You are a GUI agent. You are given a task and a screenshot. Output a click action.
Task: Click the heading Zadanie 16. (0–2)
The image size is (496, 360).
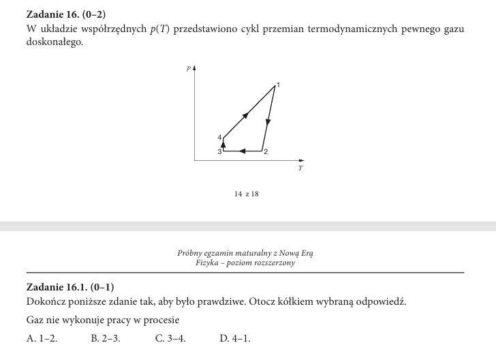pyautogui.click(x=66, y=14)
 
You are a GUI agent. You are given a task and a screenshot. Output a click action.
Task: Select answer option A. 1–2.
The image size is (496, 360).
pyautogui.click(x=42, y=337)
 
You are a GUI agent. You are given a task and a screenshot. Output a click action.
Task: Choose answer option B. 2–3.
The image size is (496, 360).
pyautogui.click(x=106, y=337)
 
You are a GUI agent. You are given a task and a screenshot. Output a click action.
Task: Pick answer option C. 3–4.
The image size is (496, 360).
pyautogui.click(x=170, y=337)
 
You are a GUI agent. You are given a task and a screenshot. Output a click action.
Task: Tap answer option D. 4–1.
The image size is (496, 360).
pyautogui.click(x=235, y=337)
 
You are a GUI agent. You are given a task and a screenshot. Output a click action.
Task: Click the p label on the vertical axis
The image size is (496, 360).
pyautogui.click(x=189, y=68)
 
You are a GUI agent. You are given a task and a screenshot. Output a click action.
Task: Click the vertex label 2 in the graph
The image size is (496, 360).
pyautogui.click(x=266, y=151)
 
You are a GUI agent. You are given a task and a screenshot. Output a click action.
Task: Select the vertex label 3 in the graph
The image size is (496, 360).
pyautogui.click(x=219, y=152)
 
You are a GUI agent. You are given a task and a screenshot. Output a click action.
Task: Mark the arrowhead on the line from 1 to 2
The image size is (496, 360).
pyautogui.click(x=268, y=123)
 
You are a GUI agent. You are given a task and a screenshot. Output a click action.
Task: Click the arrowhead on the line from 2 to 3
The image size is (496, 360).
pyautogui.click(x=243, y=150)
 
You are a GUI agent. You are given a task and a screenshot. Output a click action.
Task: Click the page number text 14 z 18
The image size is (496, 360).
pyautogui.click(x=246, y=194)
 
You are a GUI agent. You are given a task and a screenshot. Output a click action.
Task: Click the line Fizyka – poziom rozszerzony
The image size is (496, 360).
pyautogui.click(x=245, y=262)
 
